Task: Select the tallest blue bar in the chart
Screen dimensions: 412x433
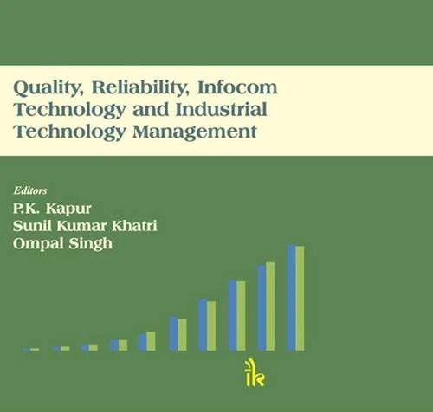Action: (x=292, y=298)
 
